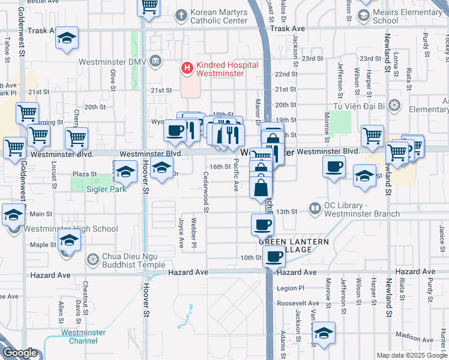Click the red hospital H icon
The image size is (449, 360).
(187, 69)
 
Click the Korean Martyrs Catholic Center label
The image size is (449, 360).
(218, 16)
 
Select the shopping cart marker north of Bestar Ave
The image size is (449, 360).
(149, 7)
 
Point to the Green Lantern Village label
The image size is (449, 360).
(294, 245)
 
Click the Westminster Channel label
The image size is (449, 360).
(83, 337)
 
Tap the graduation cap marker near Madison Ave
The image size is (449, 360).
(324, 334)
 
